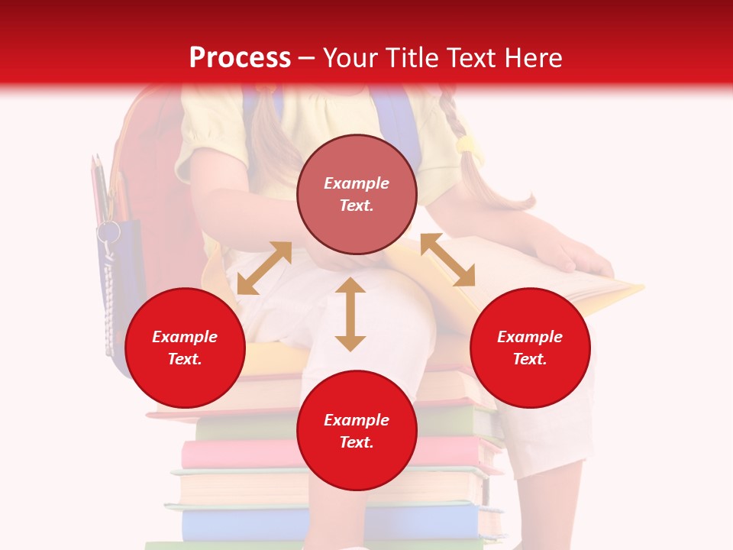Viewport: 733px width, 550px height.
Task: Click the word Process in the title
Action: point(240,58)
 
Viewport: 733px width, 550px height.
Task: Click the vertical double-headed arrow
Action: point(350,314)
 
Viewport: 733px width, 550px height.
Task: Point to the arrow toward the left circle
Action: point(264,268)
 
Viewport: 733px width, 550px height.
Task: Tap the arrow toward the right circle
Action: point(447,260)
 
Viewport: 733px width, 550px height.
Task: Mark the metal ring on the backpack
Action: point(108,231)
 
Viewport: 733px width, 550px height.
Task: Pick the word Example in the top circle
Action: point(357,183)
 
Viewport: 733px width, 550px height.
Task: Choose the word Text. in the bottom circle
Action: point(357,442)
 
